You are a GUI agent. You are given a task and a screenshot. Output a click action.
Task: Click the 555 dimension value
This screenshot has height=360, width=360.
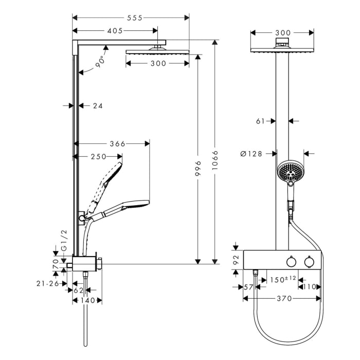coord(134,17)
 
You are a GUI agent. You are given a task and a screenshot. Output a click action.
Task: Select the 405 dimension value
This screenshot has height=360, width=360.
coord(115,31)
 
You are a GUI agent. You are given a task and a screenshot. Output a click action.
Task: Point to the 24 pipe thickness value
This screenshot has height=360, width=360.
coord(98,106)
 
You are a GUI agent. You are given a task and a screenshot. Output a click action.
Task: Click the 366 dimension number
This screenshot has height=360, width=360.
coord(117,143)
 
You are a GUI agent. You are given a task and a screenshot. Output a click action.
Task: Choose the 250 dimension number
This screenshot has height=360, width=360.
coord(98,156)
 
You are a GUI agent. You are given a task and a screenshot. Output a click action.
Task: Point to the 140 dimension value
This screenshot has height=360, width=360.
coord(87,300)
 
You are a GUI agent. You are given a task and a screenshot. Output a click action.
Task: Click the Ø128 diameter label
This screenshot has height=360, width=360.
coord(252,153)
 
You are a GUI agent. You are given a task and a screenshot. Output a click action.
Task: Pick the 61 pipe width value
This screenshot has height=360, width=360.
coord(260,121)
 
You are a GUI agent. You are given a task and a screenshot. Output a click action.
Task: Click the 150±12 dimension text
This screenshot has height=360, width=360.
coord(283,279)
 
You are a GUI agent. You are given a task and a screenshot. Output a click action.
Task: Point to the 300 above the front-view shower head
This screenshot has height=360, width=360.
coord(283,33)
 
